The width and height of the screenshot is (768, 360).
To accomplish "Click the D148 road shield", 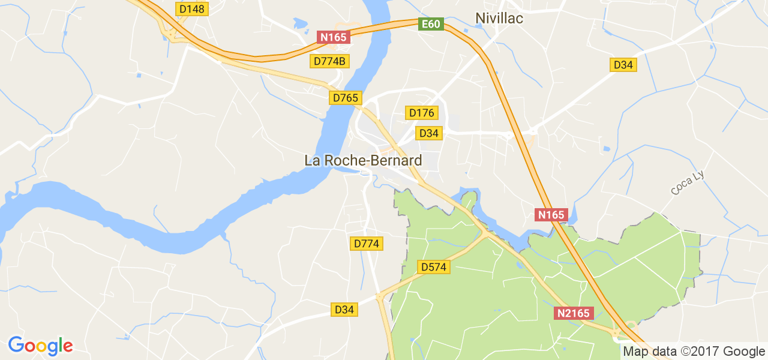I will [x=192, y=9].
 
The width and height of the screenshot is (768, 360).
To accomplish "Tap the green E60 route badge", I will [x=431, y=25].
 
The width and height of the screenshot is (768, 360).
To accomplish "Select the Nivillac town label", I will [x=499, y=19].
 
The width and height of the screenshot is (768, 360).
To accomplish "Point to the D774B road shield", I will [x=330, y=61].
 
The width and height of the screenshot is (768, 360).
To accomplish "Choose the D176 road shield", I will [x=422, y=113].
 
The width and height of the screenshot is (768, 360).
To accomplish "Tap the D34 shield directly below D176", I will [x=428, y=133].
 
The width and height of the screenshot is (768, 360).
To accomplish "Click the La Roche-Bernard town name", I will [x=363, y=161].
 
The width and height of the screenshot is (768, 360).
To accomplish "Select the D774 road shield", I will [x=366, y=244].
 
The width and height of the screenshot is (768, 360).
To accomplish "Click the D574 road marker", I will [x=433, y=267].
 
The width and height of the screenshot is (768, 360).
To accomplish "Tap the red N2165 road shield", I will [x=574, y=313].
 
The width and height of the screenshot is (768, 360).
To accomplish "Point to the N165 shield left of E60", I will [x=333, y=37].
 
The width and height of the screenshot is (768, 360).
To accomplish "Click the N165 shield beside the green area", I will [x=551, y=215].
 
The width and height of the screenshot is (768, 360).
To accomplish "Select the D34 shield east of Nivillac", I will [x=623, y=65].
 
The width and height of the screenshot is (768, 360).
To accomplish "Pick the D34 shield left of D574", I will [x=344, y=310].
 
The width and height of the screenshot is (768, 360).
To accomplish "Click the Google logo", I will [x=40, y=346].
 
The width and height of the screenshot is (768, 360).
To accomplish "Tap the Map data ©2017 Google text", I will [x=693, y=352].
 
